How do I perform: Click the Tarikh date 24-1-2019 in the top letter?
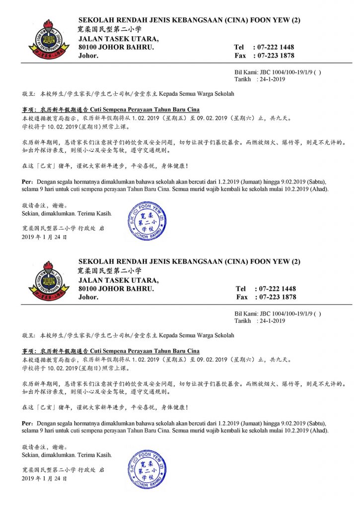273,79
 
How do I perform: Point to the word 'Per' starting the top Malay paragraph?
28,182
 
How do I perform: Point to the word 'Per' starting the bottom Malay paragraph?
28,423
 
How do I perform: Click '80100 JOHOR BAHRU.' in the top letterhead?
116,47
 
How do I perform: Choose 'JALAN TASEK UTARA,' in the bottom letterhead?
119,280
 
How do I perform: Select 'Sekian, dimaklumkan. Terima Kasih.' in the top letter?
67,213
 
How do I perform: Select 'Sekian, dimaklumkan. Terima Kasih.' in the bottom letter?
67,454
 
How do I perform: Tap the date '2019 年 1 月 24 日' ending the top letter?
44,237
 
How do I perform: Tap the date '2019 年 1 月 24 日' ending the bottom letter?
44,479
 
